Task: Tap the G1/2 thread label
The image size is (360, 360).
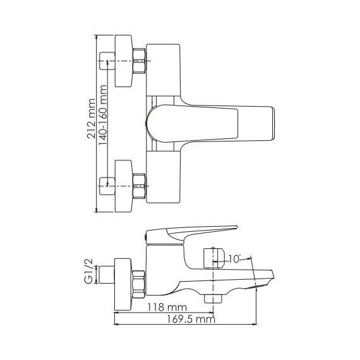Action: point(90,271)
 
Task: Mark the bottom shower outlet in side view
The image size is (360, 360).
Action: point(210,296)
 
